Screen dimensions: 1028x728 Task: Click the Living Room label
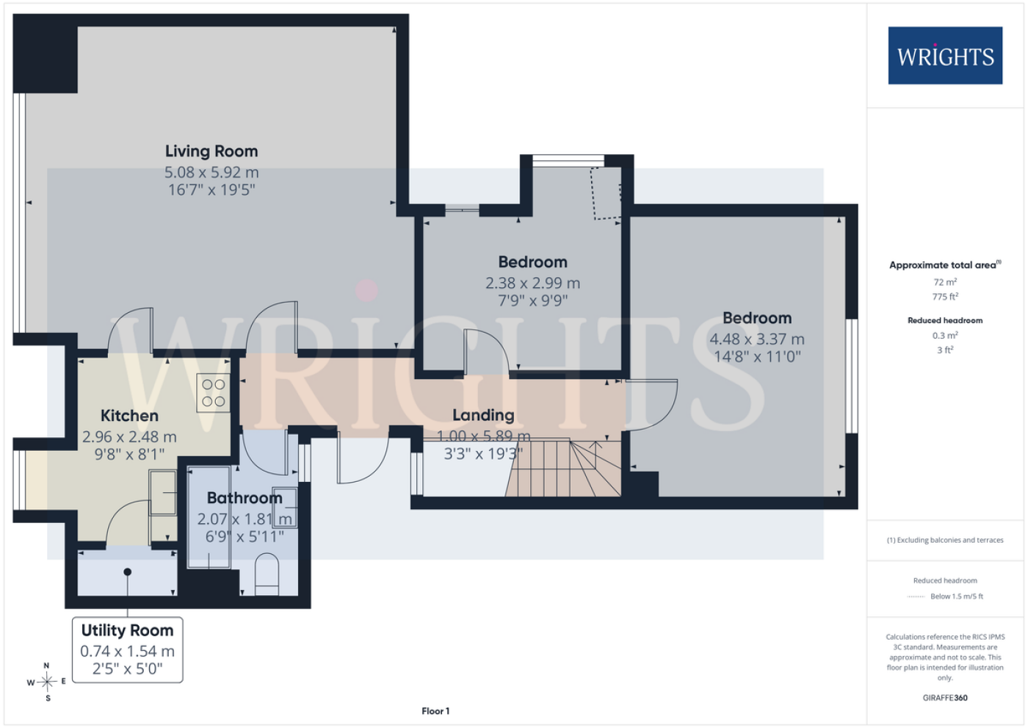click(x=211, y=151)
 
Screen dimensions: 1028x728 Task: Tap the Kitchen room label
click(x=129, y=416)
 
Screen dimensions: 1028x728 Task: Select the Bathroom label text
click(x=245, y=498)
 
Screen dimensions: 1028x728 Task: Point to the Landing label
click(x=483, y=415)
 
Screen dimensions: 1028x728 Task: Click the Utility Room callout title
click(x=128, y=631)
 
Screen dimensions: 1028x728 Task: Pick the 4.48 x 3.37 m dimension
click(x=757, y=339)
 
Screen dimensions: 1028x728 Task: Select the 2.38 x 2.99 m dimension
click(x=533, y=284)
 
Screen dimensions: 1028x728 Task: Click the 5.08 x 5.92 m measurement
click(x=211, y=173)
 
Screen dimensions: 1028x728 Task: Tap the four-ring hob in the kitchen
click(x=214, y=393)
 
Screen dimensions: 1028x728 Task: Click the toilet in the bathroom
click(x=267, y=574)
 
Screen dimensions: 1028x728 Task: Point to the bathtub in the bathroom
click(x=209, y=517)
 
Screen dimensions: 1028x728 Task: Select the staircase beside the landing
click(x=564, y=468)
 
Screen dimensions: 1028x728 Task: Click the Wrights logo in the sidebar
click(x=946, y=56)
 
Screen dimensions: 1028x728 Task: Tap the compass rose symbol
click(x=47, y=682)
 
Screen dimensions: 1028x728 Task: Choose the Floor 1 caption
click(x=435, y=711)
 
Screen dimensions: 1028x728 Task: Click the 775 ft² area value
click(x=945, y=297)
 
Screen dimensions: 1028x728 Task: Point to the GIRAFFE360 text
click(x=945, y=698)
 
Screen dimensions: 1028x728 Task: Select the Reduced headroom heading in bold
click(x=945, y=320)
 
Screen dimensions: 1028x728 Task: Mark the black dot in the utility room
click(x=128, y=572)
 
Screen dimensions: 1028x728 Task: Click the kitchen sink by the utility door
click(x=163, y=492)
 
